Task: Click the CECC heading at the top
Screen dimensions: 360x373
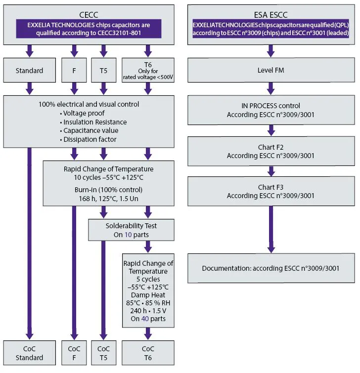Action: [89, 15]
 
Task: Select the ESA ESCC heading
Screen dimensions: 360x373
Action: [270, 15]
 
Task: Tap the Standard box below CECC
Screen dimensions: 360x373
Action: [30, 71]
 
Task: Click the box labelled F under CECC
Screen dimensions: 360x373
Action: [74, 71]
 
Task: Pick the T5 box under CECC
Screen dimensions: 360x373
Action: [103, 71]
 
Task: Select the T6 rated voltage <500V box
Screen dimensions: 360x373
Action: [148, 71]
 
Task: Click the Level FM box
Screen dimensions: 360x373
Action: [271, 70]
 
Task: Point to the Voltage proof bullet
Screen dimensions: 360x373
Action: [82, 113]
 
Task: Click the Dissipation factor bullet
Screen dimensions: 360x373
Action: [88, 139]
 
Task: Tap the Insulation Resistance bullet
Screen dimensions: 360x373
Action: [93, 122]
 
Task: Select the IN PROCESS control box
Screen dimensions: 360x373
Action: [271, 110]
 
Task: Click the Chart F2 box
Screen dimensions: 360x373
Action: [271, 151]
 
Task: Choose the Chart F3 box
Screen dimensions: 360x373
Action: [271, 191]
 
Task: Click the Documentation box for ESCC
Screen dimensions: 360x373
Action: [271, 268]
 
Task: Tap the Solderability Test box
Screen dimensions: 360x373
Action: [131, 230]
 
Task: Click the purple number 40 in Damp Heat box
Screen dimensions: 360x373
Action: [145, 319]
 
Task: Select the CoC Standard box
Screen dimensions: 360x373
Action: [30, 353]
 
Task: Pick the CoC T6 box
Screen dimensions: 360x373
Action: [148, 353]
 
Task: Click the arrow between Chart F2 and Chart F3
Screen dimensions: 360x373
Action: [271, 171]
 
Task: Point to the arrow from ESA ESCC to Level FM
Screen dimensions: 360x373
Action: [270, 51]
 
